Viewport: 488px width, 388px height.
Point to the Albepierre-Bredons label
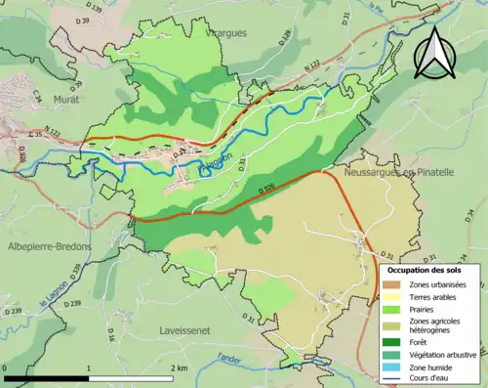click(47, 246)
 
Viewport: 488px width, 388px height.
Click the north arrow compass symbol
click(436, 52)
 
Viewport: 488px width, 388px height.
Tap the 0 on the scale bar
click(6, 367)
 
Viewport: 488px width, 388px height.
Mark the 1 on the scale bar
click(90, 367)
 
